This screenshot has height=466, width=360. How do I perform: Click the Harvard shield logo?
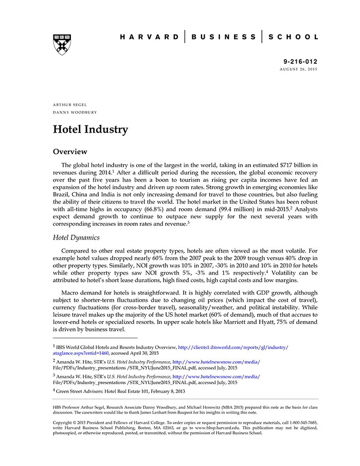pos(62,45)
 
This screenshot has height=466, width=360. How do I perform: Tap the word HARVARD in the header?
pos(149,37)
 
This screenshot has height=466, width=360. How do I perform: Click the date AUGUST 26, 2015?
pos(298,69)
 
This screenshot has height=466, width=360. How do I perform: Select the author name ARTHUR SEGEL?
pos(69,104)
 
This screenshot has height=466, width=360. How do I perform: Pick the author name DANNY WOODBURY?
pos(75,112)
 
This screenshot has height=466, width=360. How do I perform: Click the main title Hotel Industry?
pos(90,129)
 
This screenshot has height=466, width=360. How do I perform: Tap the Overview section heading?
pos(70,152)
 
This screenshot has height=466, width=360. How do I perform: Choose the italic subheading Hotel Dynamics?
pos(77,238)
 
